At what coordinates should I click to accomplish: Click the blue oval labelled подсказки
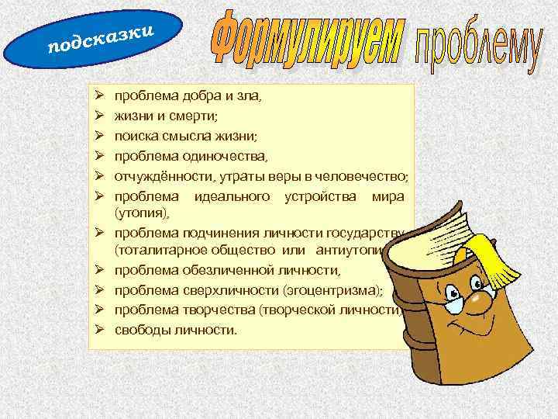(93, 38)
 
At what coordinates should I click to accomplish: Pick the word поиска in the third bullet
(136, 137)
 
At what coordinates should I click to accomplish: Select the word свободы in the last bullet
(142, 329)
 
